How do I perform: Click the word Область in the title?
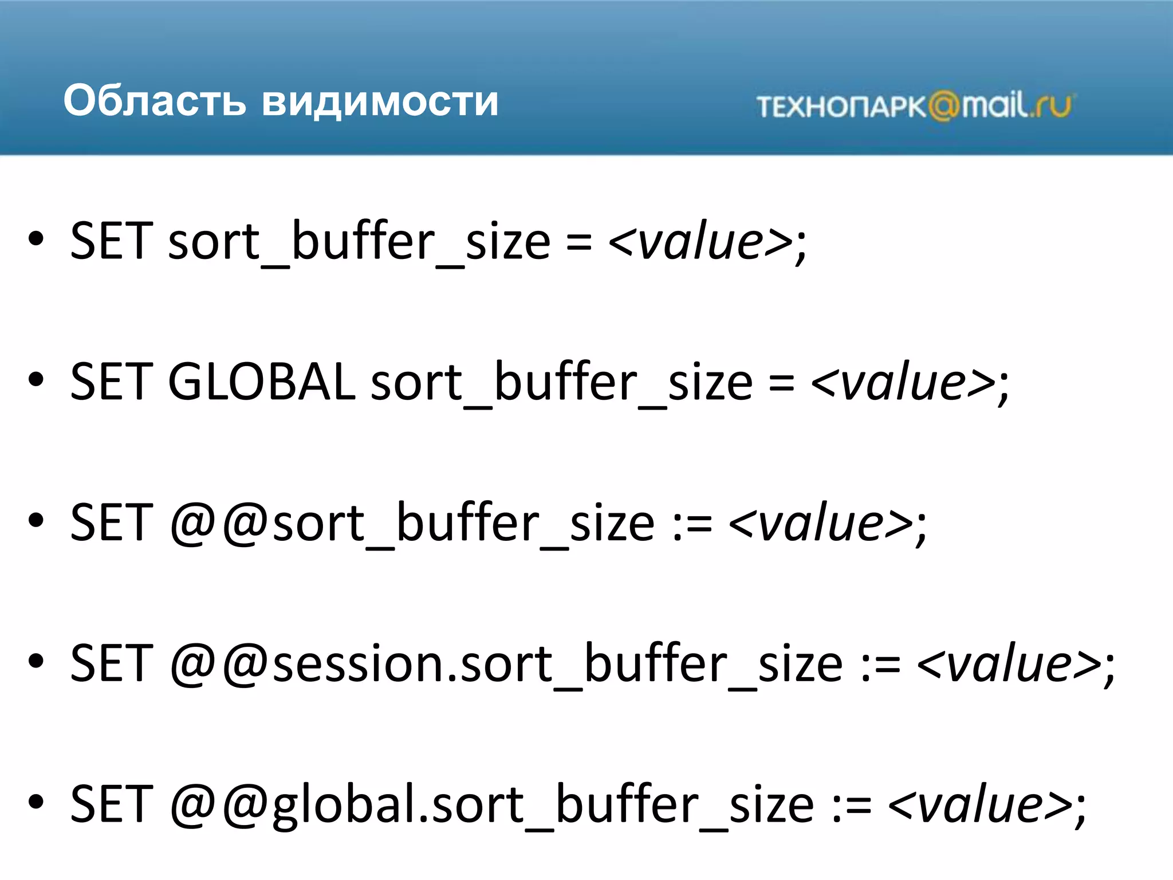[x=155, y=101]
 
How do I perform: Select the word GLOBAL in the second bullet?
[x=261, y=382]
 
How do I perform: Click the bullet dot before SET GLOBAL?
[x=36, y=380]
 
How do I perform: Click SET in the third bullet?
[x=112, y=522]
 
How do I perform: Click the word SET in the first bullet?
[x=112, y=241]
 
